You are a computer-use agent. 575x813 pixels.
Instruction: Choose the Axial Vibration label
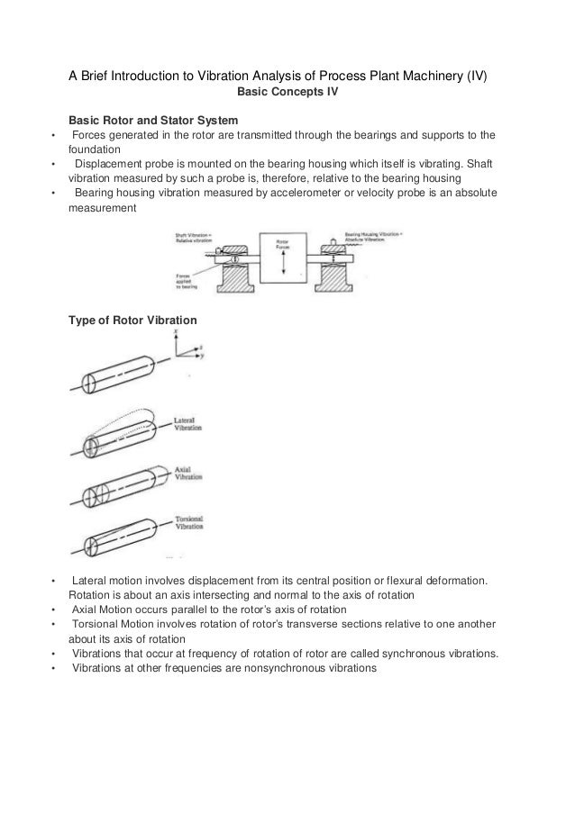click(188, 473)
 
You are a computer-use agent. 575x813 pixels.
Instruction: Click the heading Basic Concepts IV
click(286, 92)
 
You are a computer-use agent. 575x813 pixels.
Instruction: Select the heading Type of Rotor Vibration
click(127, 321)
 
